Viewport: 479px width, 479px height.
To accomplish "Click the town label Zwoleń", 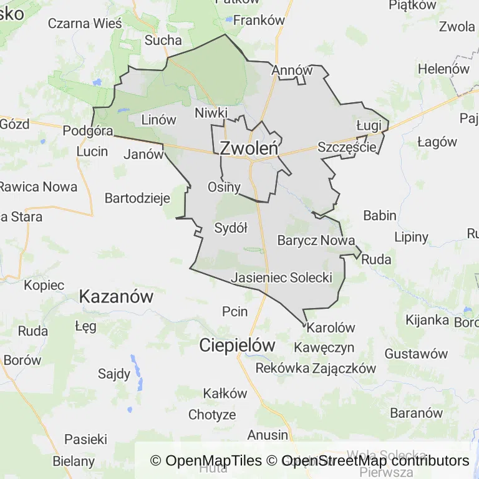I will [249, 148].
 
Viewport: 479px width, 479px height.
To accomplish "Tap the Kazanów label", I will [116, 297].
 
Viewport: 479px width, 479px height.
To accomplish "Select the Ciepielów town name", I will [238, 345].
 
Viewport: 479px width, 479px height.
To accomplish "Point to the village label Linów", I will [159, 120].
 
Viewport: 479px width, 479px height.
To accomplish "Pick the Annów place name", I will [291, 70].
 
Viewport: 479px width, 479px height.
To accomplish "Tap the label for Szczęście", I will [347, 147].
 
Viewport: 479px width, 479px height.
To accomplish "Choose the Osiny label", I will [224, 186].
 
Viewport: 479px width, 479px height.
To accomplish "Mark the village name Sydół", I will [231, 228].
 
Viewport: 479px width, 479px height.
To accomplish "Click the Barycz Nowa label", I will [316, 240].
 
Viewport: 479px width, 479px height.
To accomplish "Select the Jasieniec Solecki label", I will [281, 278].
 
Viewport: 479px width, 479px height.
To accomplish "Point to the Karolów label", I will [331, 327].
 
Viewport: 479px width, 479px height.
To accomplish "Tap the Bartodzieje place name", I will [138, 199].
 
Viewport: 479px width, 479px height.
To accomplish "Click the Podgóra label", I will [88, 131].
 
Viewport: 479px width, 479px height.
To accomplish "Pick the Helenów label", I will [443, 69].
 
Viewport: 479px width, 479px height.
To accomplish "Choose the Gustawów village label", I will [416, 354].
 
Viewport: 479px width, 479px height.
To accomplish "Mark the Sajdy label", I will [114, 374].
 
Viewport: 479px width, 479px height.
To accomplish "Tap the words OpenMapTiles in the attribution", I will [214, 461].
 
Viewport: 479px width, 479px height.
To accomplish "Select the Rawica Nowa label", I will [38, 186].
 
